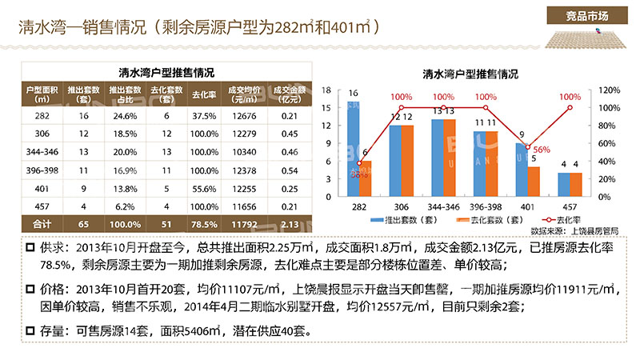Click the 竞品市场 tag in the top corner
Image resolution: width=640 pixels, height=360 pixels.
pyautogui.click(x=588, y=17)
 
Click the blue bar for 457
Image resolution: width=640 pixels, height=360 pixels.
pyautogui.click(x=564, y=185)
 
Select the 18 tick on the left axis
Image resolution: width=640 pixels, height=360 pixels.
pyautogui.click(x=326, y=90)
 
